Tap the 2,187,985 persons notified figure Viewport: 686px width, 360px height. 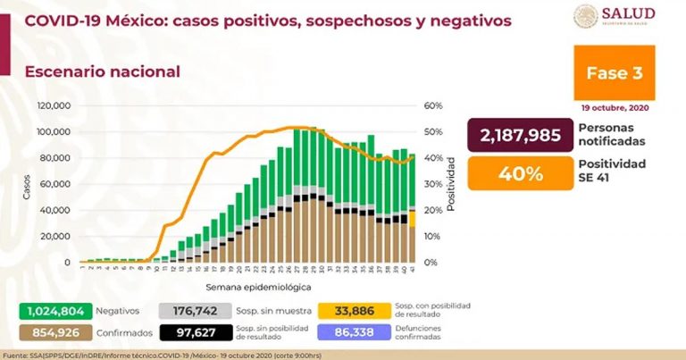point(520,135)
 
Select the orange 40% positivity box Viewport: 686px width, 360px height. point(520,173)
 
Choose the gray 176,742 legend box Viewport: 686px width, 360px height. point(188,312)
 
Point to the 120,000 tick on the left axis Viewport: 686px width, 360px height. point(54,105)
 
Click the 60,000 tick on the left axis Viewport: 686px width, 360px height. point(57,184)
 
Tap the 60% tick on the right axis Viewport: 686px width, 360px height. point(433,105)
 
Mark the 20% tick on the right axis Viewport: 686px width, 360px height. point(433,210)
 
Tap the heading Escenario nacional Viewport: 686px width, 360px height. point(102,71)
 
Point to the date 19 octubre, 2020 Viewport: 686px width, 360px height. point(618,105)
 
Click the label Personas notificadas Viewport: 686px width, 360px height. point(613,135)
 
